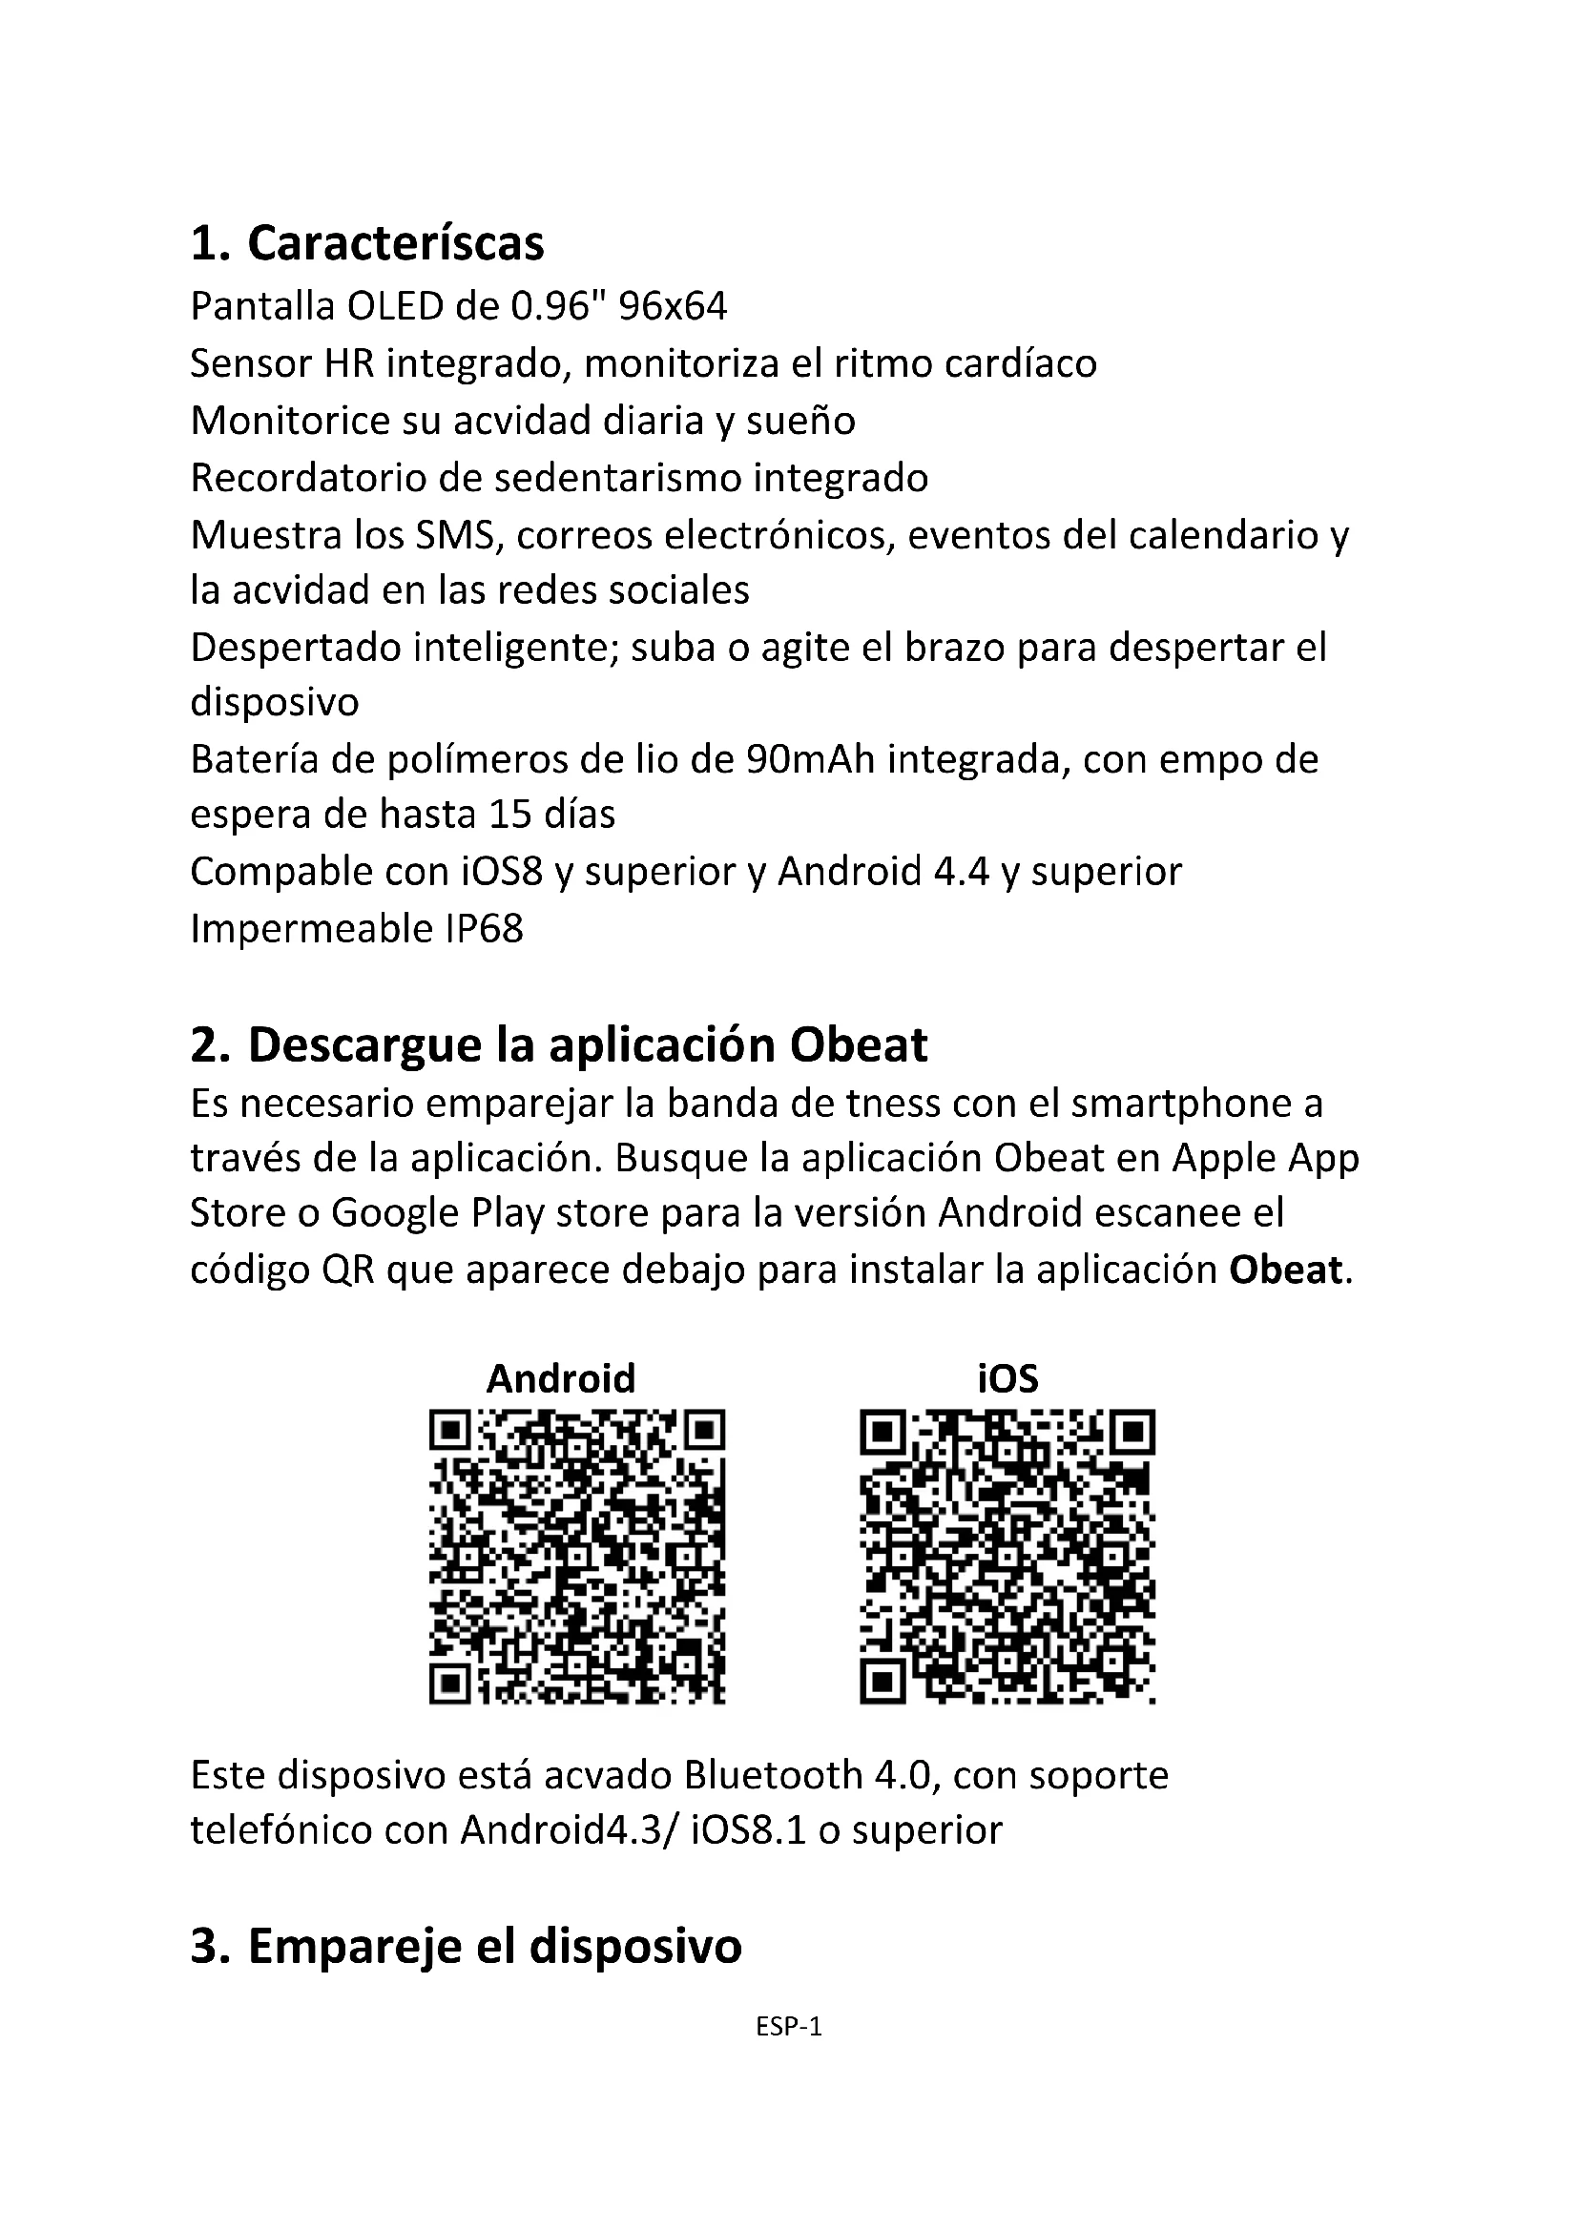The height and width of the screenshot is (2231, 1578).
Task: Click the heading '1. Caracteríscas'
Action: pyautogui.click(x=367, y=243)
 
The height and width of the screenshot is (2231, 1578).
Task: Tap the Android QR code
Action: pyautogui.click(x=577, y=1556)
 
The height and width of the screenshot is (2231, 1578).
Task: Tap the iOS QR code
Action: pyautogui.click(x=1007, y=1556)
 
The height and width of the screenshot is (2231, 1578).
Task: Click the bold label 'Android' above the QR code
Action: pyautogui.click(x=561, y=1378)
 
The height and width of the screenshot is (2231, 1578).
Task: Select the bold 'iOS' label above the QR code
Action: pyautogui.click(x=1007, y=1378)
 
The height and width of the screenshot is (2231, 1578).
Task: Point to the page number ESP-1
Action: pyautogui.click(x=789, y=2027)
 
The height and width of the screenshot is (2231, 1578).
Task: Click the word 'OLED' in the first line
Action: pyautogui.click(x=396, y=307)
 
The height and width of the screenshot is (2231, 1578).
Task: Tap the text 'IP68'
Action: pyautogui.click(x=484, y=929)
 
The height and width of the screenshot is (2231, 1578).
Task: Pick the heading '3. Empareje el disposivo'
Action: pyautogui.click(x=466, y=1947)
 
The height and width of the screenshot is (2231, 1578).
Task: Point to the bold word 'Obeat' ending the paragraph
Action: pyautogui.click(x=1285, y=1270)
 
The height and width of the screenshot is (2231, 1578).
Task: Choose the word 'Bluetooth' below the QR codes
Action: pyautogui.click(x=774, y=1775)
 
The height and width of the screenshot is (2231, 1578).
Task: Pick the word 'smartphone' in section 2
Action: pyautogui.click(x=1172, y=1104)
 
